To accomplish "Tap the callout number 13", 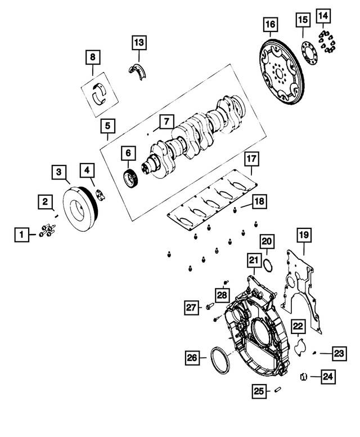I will pos(139,42).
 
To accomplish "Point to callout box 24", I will pos(327,376).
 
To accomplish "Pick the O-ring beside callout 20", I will pos(268,265).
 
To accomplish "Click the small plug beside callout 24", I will pos(303,376).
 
